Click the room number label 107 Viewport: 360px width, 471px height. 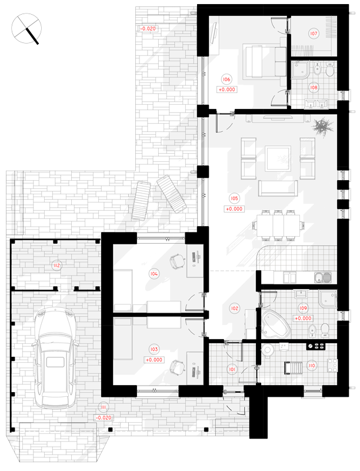coord(314,34)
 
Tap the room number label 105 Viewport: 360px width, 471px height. coord(234,198)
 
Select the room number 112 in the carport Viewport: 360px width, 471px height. coord(56,266)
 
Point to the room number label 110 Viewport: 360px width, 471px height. coord(312,366)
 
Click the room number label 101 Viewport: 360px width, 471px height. coord(232,369)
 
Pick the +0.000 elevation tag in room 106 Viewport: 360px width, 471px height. coord(227,89)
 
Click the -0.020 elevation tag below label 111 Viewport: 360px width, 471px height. coord(104,417)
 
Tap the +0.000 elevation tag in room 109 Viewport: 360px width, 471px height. coord(303,318)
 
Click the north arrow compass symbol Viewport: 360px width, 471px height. coord(26,29)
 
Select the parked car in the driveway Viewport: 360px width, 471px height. coord(55,358)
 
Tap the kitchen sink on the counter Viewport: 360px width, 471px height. coord(323,277)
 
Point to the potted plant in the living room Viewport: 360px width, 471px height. coord(322,127)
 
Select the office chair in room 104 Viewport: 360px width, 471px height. coord(176,261)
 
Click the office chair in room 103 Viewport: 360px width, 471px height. coord(176,367)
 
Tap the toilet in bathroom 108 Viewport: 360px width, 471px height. coord(329,69)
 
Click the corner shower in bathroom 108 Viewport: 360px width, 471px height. coord(301,69)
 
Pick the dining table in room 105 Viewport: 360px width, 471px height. coord(278,225)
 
